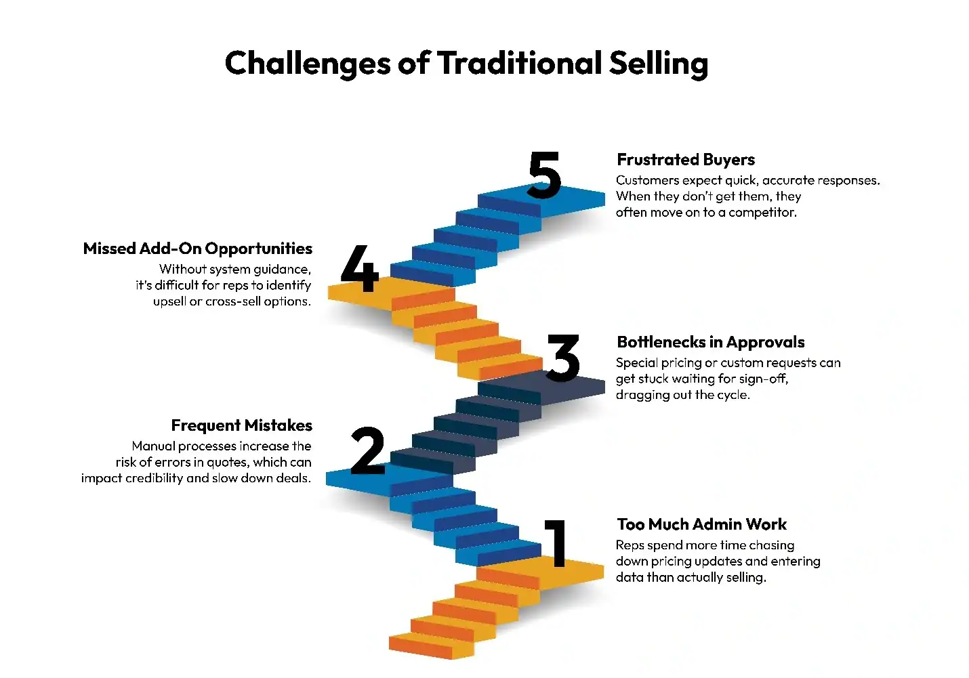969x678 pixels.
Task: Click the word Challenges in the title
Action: (x=308, y=64)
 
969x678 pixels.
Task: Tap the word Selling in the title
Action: (x=659, y=64)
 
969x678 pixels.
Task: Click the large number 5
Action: (x=545, y=175)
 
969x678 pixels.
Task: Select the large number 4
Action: (x=360, y=268)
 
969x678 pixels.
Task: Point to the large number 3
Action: (x=563, y=358)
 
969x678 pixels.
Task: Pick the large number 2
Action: (x=368, y=450)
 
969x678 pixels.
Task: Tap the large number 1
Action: (x=556, y=543)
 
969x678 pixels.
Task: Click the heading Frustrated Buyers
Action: (x=686, y=160)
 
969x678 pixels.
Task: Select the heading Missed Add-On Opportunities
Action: (x=198, y=249)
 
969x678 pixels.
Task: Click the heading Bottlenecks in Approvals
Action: (x=710, y=342)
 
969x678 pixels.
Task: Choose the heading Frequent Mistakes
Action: (x=241, y=425)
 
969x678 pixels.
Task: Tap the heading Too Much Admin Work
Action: (x=701, y=524)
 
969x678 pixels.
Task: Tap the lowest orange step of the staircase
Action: (x=431, y=646)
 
